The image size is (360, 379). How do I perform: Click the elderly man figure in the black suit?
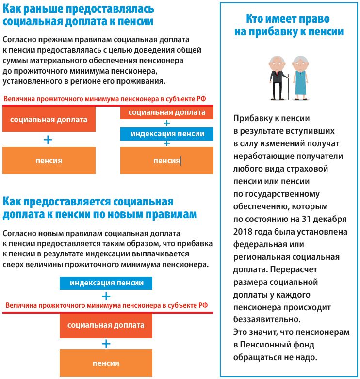pos(277,77)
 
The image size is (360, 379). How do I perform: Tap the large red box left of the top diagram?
pos(49,120)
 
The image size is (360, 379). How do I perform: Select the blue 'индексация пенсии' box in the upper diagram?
pos(167,134)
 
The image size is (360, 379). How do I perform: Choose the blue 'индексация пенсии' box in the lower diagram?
pos(106,283)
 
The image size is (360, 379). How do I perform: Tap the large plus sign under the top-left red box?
pos(48,140)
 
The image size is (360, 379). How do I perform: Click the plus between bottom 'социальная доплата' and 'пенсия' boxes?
pos(106,344)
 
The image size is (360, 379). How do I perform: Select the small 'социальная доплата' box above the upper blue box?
pos(167,112)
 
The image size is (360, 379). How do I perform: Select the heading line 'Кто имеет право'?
pos(288,19)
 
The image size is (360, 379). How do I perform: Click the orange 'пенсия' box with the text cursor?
pos(166,160)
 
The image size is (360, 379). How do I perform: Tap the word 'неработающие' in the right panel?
pos(261,156)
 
